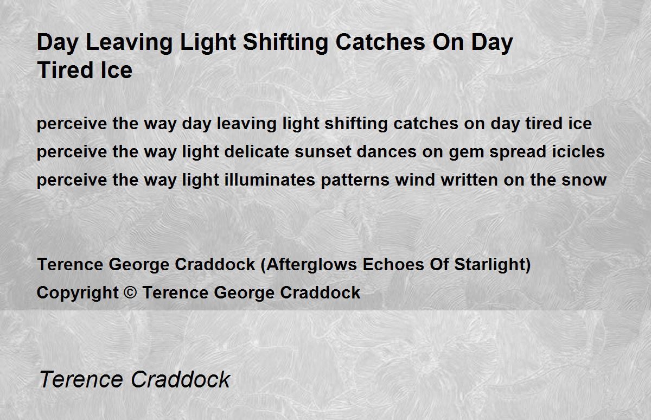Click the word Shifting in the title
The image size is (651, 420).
point(286,43)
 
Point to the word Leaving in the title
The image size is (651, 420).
point(129,43)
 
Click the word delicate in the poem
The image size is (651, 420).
point(257,152)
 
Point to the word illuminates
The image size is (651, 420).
point(270,180)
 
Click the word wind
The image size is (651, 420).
point(415,180)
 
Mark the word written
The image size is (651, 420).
point(469,180)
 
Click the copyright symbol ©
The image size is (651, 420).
point(130,292)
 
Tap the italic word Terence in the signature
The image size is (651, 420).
point(81,379)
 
